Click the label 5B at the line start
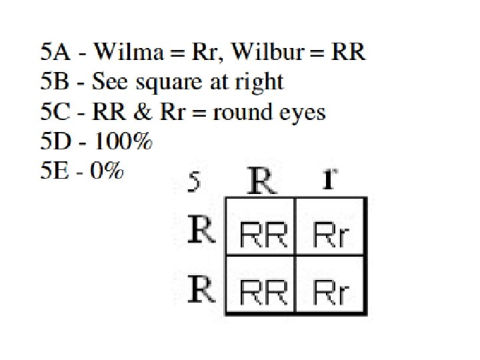[53, 82]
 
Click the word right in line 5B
[261, 83]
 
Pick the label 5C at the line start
[53, 112]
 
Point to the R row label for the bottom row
[202, 289]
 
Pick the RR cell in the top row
[262, 235]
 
